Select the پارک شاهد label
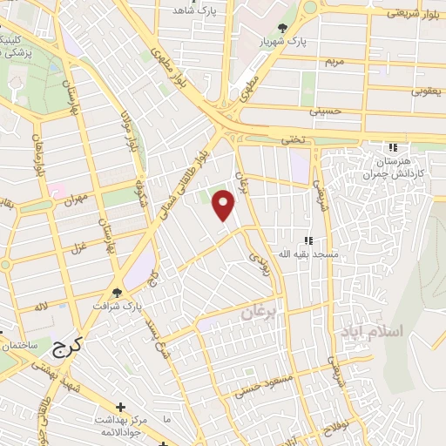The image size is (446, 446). (193, 10)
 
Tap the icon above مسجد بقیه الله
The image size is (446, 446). (307, 240)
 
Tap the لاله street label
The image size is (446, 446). (39, 307)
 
